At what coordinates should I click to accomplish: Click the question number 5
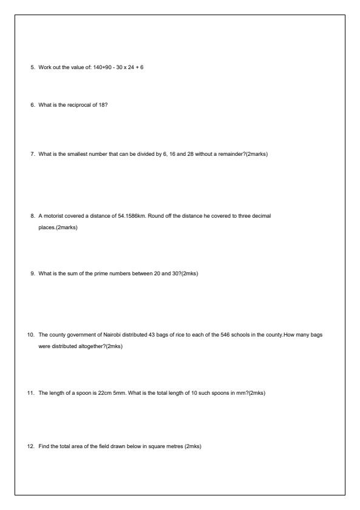coord(33,67)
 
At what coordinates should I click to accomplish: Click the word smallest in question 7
coord(73,154)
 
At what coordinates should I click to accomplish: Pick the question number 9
coord(33,273)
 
